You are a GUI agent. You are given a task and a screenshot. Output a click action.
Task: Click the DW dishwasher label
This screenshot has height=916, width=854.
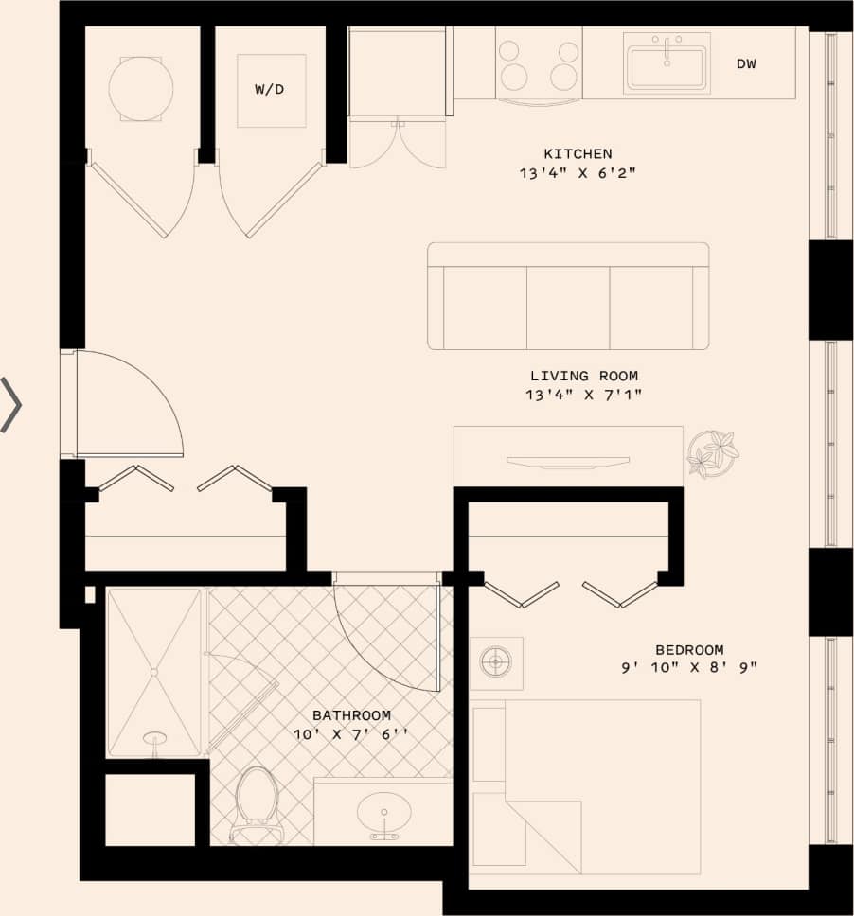click(746, 64)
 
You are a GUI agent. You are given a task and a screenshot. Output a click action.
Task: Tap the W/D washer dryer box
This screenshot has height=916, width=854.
click(271, 91)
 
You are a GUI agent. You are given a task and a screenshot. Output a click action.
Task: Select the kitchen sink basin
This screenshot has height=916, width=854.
click(667, 65)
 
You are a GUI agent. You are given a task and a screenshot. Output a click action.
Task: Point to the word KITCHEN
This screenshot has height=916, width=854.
click(578, 153)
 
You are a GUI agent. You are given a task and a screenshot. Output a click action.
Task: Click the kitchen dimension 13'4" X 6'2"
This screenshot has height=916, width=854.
click(578, 174)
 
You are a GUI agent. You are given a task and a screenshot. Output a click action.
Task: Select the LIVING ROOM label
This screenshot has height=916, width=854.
click(583, 376)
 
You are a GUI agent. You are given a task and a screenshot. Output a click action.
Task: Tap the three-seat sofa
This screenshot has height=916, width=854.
click(568, 296)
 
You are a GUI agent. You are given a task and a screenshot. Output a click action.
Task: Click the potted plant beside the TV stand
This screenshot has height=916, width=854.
click(712, 453)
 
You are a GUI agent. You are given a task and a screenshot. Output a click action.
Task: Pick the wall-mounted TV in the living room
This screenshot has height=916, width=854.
click(567, 462)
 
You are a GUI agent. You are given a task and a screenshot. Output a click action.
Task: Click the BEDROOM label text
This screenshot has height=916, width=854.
click(689, 650)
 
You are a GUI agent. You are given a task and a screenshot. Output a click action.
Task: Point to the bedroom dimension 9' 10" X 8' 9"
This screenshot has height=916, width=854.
click(689, 668)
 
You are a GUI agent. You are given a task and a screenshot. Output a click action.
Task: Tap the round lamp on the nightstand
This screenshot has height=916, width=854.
click(495, 662)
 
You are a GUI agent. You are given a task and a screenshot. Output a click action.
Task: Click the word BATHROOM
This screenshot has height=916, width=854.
click(351, 715)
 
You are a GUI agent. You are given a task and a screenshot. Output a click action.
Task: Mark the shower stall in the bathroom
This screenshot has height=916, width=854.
click(153, 672)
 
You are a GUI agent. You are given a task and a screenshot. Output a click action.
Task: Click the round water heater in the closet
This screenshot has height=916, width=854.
click(141, 89)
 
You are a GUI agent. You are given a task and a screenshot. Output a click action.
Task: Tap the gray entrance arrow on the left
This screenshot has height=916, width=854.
click(11, 405)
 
